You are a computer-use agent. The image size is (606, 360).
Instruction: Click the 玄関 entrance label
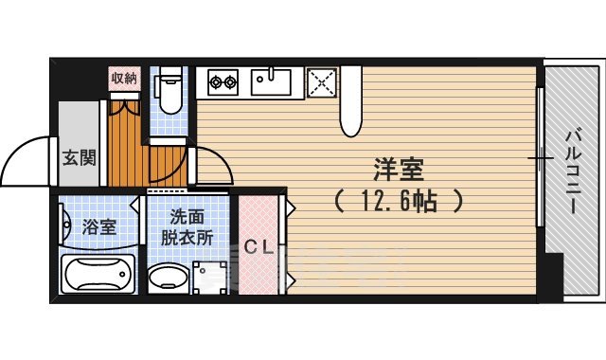pyautogui.click(x=80, y=158)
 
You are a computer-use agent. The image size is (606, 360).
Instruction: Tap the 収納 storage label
pyautogui.click(x=124, y=77)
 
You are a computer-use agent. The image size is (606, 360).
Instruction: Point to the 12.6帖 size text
pyautogui.click(x=398, y=201)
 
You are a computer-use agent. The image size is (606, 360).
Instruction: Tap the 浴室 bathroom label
pyautogui.click(x=98, y=227)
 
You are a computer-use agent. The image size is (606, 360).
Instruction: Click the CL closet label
pyautogui.click(x=258, y=249)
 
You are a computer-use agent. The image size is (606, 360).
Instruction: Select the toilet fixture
pyautogui.click(x=169, y=89)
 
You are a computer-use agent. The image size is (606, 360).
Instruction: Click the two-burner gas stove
pyautogui.click(x=223, y=82)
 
